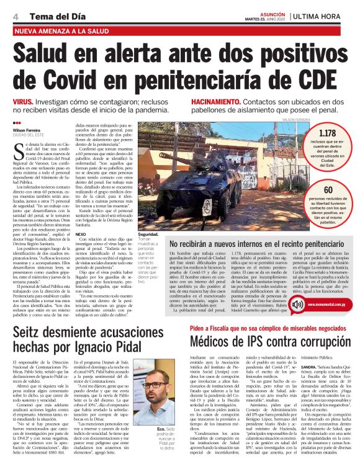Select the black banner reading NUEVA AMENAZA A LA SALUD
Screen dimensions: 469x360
tap(58, 29)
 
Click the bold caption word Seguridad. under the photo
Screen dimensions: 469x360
tap(153, 234)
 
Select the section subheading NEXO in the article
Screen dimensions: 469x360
tap(81, 234)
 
